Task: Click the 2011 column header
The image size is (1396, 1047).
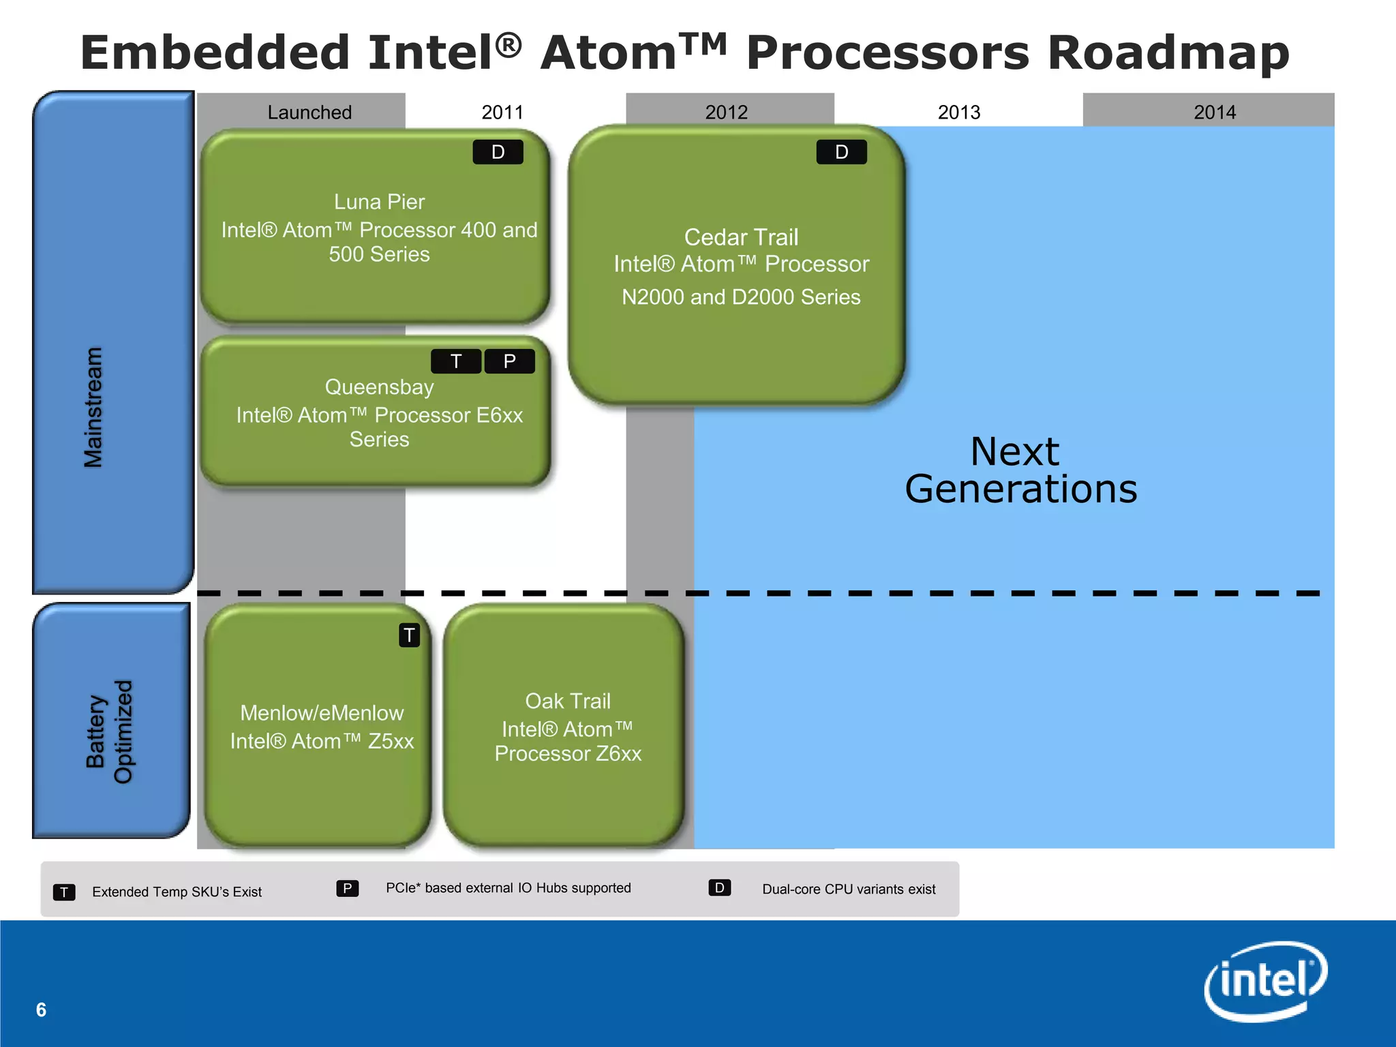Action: pos(502,112)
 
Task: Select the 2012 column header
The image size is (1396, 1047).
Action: pos(727,112)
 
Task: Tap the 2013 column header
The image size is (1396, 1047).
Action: pos(959,112)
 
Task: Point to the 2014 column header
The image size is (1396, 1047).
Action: pos(1214,112)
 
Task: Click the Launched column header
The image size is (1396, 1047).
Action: pos(309,112)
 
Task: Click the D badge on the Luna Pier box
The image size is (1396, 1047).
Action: pos(498,152)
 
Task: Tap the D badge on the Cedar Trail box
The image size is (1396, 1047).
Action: pos(842,152)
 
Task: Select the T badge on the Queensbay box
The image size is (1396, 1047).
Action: pos(456,361)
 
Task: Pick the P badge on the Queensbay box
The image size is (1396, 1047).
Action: pos(509,361)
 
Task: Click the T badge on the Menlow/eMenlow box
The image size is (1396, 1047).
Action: pos(409,635)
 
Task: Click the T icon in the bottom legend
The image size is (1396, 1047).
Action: pos(64,892)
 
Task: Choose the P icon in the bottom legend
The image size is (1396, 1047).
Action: pos(347,888)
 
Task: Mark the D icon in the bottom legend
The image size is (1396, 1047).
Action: pos(719,888)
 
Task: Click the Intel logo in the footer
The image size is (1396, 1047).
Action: pos(1265,982)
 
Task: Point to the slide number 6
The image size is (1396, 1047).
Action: pos(41,1010)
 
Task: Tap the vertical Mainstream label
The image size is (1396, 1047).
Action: pos(93,408)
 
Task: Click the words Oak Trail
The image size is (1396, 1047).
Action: pos(568,701)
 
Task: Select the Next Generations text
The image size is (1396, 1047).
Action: pos(1020,470)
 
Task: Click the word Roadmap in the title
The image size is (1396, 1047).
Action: pos(1168,52)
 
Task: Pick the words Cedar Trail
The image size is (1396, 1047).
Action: pos(741,237)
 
